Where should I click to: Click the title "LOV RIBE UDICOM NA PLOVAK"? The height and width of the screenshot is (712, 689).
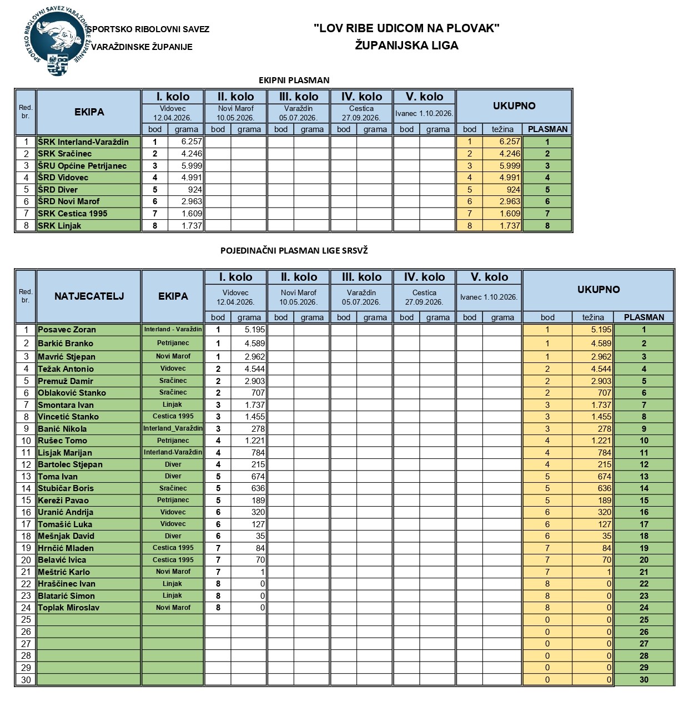406,28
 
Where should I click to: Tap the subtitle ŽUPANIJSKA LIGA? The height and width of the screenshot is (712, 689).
406,46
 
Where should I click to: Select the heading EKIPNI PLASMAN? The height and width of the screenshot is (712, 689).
294,80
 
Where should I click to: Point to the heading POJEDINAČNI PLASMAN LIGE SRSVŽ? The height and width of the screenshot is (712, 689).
294,250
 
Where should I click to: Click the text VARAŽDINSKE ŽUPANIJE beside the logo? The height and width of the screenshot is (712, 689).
142,47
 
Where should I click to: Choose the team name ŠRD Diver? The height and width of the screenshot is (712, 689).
58,190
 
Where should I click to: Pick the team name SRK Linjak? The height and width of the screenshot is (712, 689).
59,226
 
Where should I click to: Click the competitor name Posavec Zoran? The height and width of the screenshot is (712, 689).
67,330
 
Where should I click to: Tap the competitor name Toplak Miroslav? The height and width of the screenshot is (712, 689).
68,608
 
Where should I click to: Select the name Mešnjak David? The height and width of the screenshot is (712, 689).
66,536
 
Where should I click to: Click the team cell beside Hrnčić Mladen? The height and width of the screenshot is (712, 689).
173,548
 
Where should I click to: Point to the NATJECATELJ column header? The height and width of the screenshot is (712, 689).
89,296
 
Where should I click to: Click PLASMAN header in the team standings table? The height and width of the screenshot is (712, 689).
547,129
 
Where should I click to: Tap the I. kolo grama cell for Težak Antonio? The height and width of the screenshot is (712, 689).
249,369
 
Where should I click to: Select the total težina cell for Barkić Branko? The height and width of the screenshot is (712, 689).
593,344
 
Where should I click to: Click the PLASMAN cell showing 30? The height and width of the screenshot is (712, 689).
643,680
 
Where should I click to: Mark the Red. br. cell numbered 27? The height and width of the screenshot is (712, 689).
26,644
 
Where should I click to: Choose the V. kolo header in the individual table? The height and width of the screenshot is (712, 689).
489,277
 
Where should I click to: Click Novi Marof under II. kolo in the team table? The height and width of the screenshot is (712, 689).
235,109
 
